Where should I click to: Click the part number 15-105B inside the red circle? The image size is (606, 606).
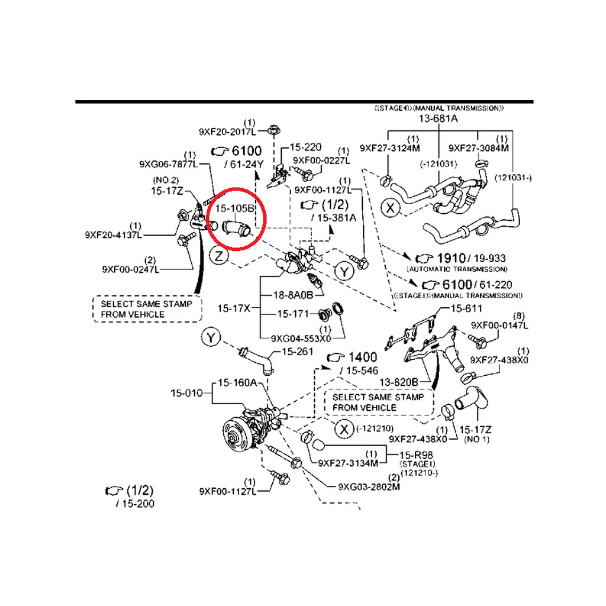[x=234, y=209]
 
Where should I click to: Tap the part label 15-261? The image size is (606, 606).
[x=296, y=352]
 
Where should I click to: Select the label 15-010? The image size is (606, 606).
[x=186, y=392]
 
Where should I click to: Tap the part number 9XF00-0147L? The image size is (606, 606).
[x=500, y=325]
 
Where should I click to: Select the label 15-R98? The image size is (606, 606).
[x=419, y=454]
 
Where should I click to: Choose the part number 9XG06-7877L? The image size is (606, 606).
[x=169, y=164]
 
